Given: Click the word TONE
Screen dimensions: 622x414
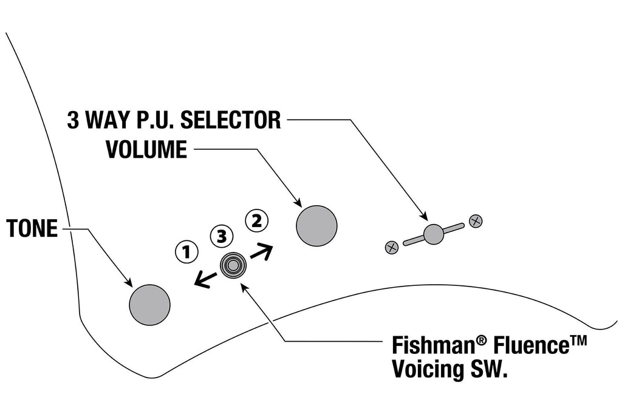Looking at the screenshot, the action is click(32, 228).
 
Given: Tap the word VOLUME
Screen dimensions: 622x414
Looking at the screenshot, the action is click(146, 149).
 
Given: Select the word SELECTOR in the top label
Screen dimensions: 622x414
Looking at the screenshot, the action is click(231, 120).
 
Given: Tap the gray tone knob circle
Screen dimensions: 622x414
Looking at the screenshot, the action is click(149, 305).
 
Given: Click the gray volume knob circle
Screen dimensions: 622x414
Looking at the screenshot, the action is click(316, 226).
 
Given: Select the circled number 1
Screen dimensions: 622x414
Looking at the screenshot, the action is click(186, 251).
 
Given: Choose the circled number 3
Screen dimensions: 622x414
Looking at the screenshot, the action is click(222, 237).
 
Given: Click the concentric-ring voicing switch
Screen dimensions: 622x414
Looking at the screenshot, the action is click(233, 265).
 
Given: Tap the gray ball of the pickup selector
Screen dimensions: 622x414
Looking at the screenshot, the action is click(433, 234).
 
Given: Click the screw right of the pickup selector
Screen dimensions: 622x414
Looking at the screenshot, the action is click(476, 221).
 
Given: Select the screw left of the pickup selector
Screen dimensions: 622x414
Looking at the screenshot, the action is click(392, 248).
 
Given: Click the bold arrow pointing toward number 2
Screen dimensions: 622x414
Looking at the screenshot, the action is click(262, 253).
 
